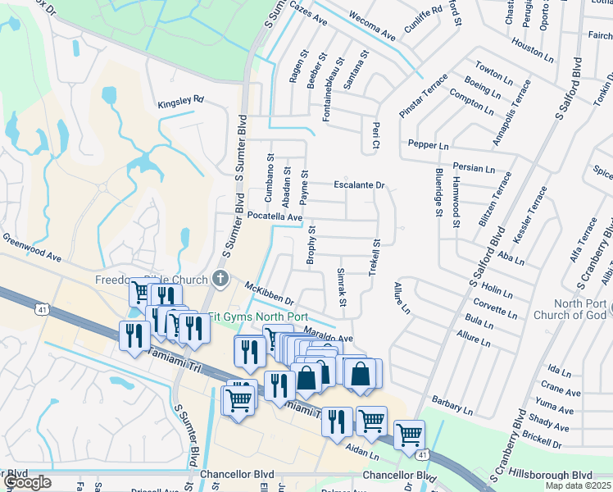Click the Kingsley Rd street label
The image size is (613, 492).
(x=180, y=100)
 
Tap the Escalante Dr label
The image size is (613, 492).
(x=358, y=185)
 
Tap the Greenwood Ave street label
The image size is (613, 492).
(x=33, y=247)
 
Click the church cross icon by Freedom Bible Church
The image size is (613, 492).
(x=219, y=280)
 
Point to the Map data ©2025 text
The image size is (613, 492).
(x=578, y=485)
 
